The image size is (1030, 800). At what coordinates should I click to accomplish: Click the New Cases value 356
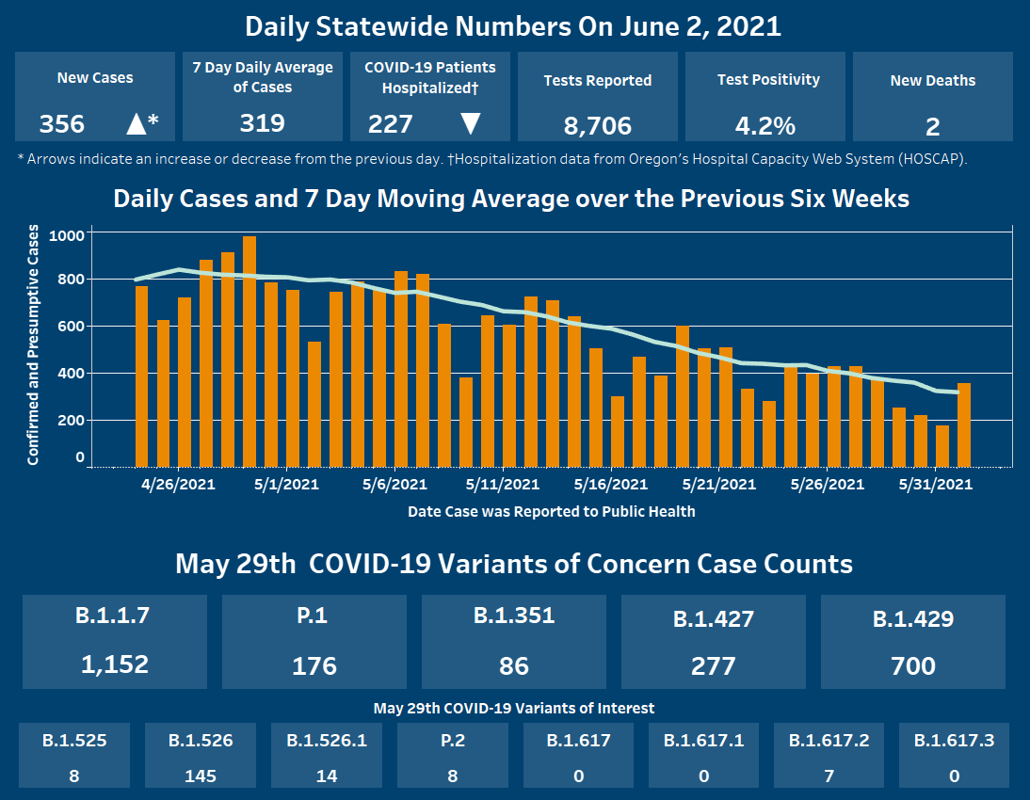pos(62,123)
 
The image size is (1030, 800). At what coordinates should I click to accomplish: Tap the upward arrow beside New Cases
pos(137,123)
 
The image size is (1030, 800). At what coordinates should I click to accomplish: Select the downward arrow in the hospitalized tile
pos(471,123)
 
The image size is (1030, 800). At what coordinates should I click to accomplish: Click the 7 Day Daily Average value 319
pos(263,123)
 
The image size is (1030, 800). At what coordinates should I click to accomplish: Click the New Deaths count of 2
pos(932,126)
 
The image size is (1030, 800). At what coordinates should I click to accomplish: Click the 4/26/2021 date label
pos(178,485)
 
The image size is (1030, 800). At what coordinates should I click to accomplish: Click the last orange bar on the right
pos(964,424)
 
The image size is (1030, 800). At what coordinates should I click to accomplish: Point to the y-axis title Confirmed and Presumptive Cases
pos(34,344)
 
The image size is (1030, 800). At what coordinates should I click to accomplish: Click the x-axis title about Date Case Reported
pos(551,512)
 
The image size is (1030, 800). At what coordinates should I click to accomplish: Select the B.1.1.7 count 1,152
pos(115,664)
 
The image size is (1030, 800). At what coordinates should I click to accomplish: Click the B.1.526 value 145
pos(201,776)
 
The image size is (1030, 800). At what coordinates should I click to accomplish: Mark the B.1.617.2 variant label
pos(829,741)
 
